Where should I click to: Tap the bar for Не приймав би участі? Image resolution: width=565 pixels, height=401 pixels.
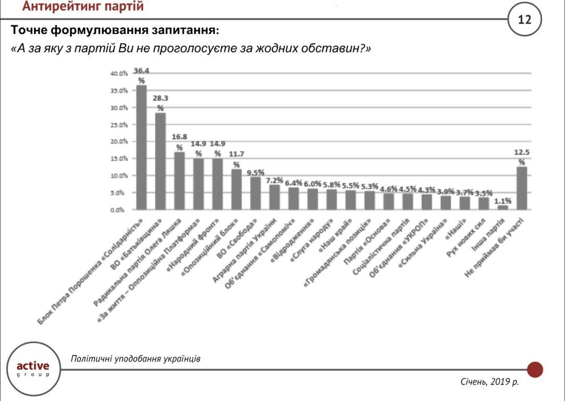pos(522,188)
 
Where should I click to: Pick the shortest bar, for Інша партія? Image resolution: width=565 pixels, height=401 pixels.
pos(502,207)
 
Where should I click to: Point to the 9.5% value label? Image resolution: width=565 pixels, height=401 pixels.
pos(256,172)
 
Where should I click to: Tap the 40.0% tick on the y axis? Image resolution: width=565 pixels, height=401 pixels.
pos(119,74)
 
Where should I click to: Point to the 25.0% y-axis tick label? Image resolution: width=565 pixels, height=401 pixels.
pos(119,125)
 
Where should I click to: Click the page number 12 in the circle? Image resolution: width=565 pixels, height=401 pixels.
pos(524,20)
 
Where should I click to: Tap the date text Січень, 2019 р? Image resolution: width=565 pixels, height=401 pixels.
pos(490,382)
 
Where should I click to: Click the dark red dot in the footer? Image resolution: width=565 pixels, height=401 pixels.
pos(535,370)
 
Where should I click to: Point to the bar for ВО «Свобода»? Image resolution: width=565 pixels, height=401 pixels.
pos(255,193)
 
